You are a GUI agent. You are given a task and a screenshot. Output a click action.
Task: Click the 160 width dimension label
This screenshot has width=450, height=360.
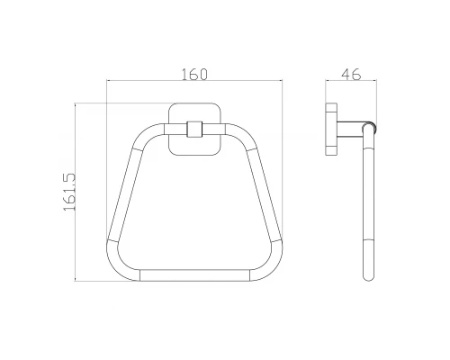pyautogui.click(x=194, y=75)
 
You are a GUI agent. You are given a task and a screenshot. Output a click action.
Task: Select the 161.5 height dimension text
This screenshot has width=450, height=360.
pyautogui.click(x=69, y=192)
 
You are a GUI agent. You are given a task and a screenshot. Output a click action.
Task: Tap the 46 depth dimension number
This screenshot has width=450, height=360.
pyautogui.click(x=351, y=75)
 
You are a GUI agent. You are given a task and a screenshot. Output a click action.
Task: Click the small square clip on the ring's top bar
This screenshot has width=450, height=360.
pyautogui.click(x=194, y=129)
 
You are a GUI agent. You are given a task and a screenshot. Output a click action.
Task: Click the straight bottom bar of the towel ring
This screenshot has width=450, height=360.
pyautogui.click(x=194, y=275)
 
